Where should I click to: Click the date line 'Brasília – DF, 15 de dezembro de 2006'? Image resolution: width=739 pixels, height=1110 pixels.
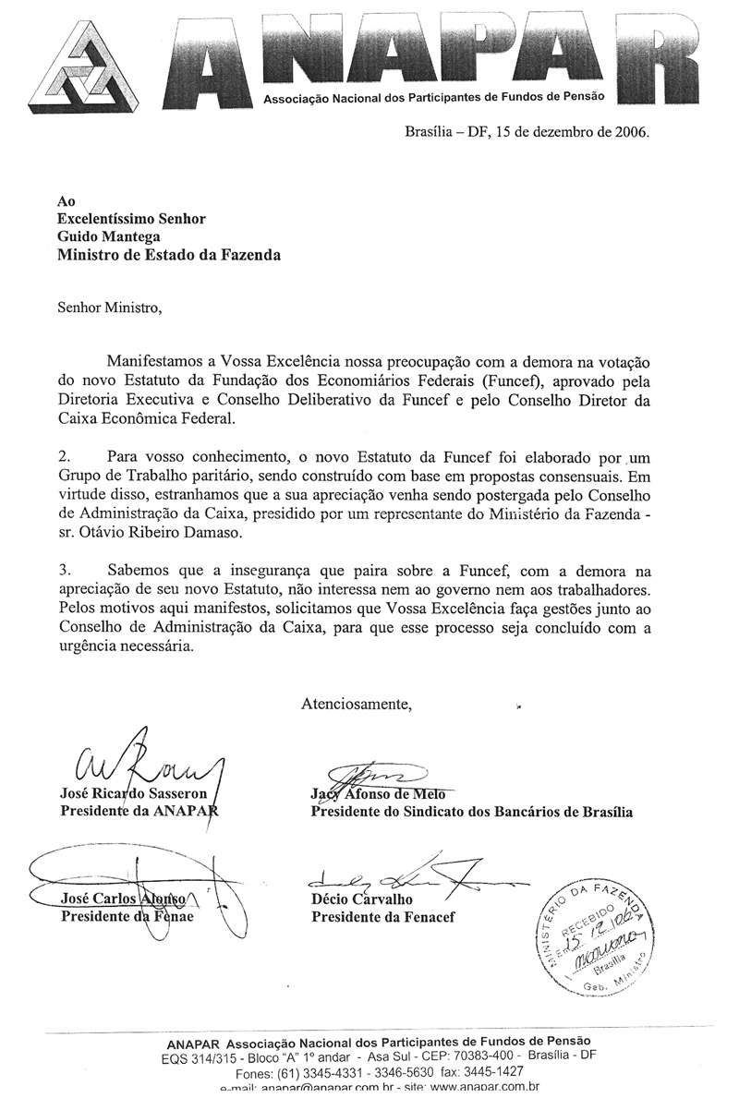(527, 131)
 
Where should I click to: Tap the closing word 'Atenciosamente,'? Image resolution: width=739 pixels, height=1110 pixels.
(357, 705)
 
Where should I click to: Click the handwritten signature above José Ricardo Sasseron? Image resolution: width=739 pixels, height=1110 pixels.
(148, 762)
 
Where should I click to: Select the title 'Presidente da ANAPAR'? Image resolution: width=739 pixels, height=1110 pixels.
(139, 813)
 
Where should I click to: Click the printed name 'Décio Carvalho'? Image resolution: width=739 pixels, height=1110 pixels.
(362, 899)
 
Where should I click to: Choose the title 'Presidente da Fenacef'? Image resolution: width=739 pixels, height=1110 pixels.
(382, 917)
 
